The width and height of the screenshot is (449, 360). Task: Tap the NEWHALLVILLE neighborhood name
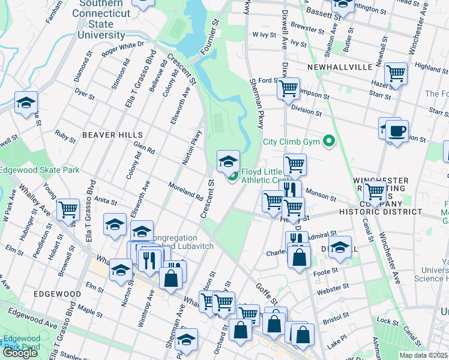[x=340, y=67]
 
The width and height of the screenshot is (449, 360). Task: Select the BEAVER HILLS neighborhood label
[x=112, y=135]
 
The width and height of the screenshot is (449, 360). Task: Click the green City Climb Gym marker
[x=328, y=142]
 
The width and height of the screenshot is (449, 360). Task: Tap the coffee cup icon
[x=396, y=131]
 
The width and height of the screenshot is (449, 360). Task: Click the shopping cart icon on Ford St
[x=289, y=88]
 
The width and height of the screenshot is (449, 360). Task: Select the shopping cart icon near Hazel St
[x=396, y=74]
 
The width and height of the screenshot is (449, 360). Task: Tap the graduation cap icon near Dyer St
[x=26, y=103]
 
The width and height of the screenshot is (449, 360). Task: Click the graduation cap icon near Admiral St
[x=340, y=247]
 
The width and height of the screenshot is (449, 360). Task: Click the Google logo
[x=20, y=353]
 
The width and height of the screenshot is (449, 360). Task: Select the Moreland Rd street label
[x=185, y=191]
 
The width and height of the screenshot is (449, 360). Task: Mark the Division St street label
[x=306, y=111]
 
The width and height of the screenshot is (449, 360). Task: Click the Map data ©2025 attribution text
[x=424, y=355]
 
